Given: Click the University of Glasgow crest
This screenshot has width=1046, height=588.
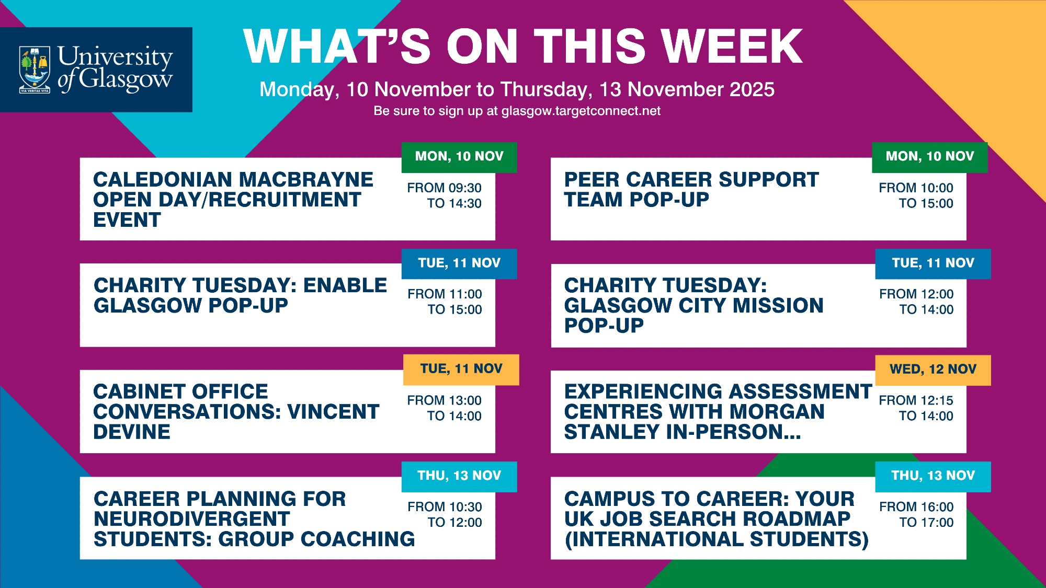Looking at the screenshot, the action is tap(35, 70).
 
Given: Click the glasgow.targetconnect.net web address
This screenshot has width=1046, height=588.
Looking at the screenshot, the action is tap(581, 111).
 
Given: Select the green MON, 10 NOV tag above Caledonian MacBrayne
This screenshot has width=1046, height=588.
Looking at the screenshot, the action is tap(459, 157).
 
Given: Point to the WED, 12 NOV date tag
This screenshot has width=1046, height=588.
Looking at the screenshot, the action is tap(933, 370).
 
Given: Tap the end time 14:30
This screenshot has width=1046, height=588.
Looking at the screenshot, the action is tap(464, 203).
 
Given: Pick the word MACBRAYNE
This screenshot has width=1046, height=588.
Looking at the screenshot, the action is tap(307, 180).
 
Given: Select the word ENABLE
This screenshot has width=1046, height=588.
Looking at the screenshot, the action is tap(345, 285).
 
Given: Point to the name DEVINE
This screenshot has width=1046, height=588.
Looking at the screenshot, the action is tap(132, 432).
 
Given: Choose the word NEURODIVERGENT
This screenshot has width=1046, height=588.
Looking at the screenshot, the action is tap(192, 519).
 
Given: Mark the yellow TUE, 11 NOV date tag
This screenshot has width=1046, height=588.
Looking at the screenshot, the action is tap(461, 369).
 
